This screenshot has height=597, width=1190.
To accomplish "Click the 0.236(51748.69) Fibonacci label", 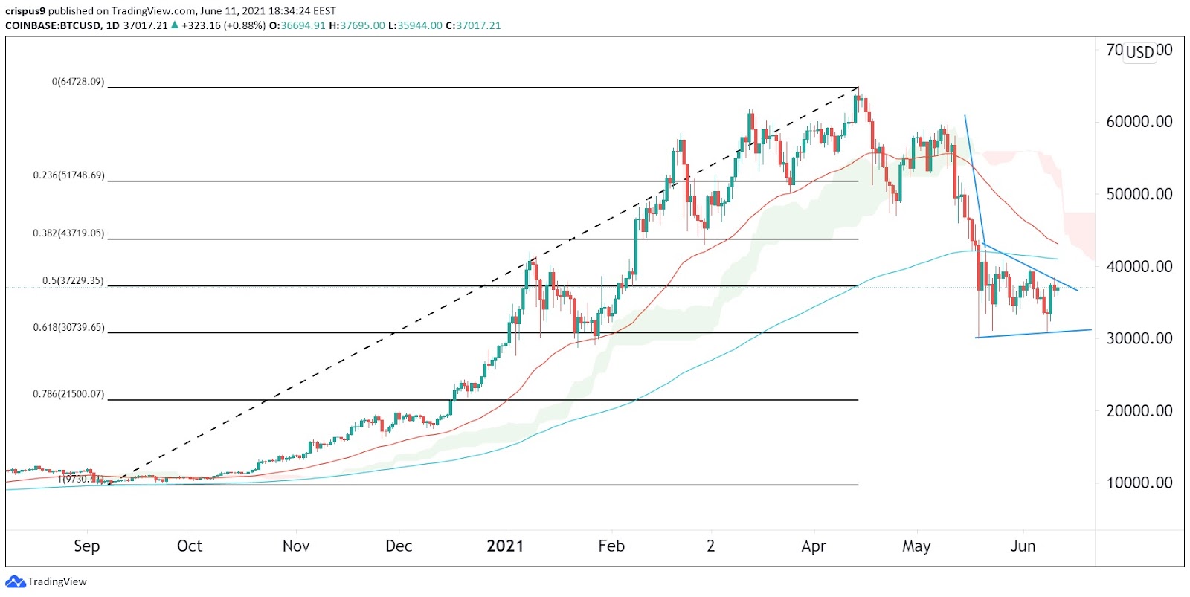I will coord(68,176).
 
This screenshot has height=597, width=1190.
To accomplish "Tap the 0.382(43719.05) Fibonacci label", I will coord(68,233).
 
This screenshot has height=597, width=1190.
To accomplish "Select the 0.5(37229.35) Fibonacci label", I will coord(73,282).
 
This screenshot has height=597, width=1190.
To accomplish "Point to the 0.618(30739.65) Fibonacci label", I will coord(68,328).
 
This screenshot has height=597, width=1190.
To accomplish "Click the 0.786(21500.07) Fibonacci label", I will coord(68,394).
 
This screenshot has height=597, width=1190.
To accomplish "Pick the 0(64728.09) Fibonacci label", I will coord(77,82).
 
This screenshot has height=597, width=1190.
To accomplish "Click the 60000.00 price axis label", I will coord(1139,122).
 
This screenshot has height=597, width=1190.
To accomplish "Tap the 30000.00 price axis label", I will coord(1139,338).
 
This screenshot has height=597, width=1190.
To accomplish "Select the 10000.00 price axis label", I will coord(1139,483).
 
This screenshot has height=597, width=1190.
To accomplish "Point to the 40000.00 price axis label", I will coord(1139,266).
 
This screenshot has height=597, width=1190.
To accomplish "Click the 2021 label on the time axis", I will coord(505,546).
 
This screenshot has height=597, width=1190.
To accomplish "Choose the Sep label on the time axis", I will coord(86,546).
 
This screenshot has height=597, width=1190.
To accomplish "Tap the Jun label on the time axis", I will coord(1023,546).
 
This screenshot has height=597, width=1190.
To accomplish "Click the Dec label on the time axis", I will coord(399,546).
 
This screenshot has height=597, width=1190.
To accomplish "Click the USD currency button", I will coord(1139,52).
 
